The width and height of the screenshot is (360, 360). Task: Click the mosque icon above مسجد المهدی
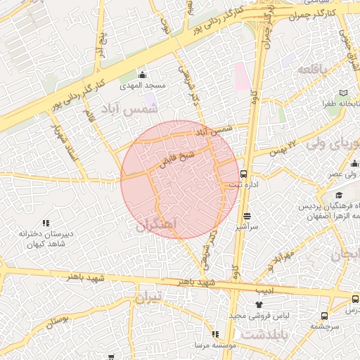coord(143,75)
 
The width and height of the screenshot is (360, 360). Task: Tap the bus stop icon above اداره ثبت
coord(244,173)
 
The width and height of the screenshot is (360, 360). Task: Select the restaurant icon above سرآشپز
coord(247,217)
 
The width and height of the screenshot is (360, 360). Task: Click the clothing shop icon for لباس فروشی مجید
coord(258,304)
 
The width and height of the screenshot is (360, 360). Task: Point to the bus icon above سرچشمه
coord(324,316)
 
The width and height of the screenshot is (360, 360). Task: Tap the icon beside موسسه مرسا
coord(214,335)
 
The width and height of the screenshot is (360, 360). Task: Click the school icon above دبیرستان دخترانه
coord(46,224)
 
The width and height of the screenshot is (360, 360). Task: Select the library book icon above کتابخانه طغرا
coord(343,93)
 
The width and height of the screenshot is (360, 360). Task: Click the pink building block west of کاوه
coord(241,76)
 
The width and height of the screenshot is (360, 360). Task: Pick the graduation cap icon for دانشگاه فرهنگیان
coord(339,195)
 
